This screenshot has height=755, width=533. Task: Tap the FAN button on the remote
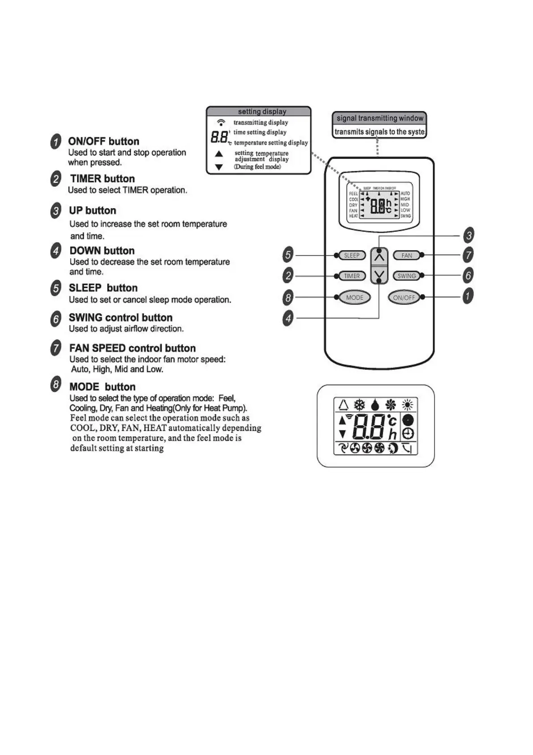pyautogui.click(x=406, y=256)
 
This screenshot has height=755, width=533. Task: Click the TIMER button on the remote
pyautogui.click(x=352, y=276)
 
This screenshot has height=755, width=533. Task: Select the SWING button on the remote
pyautogui.click(x=406, y=276)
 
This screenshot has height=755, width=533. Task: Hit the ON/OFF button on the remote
pyautogui.click(x=404, y=297)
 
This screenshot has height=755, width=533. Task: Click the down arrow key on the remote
pyautogui.click(x=379, y=274)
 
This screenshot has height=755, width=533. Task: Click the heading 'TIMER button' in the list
pyautogui.click(x=102, y=178)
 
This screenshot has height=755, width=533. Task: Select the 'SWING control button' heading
pyautogui.click(x=120, y=317)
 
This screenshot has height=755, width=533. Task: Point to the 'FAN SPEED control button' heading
pyautogui.click(x=132, y=348)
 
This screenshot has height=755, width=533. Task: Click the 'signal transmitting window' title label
pyautogui.click(x=380, y=118)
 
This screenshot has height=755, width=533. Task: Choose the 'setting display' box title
pyautogui.click(x=262, y=111)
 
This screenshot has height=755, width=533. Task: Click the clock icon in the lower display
pyautogui.click(x=408, y=434)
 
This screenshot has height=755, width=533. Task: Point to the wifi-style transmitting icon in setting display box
pyautogui.click(x=221, y=122)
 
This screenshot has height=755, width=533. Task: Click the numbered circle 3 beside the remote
pyautogui.click(x=469, y=235)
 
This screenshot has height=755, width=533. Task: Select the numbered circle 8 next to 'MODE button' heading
pyautogui.click(x=56, y=385)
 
